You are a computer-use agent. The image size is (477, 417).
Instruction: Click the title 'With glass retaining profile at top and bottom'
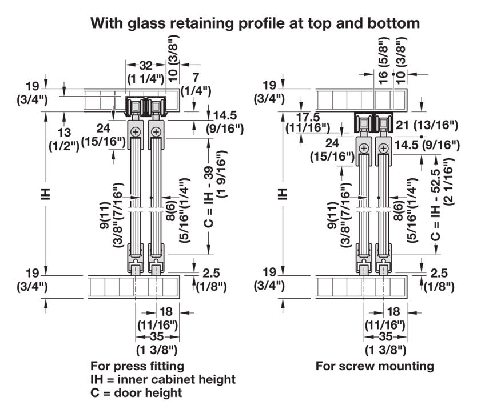pyautogui.click(x=255, y=23)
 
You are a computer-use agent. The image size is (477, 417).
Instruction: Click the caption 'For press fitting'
pyautogui.click(x=137, y=366)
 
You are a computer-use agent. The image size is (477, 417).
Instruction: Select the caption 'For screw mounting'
pyautogui.click(x=375, y=366)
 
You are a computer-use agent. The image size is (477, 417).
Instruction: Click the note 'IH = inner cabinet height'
pyautogui.click(x=163, y=379)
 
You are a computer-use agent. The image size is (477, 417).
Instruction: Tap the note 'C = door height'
pyautogui.click(x=136, y=393)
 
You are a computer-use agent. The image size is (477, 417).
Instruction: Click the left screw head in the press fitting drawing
pyautogui.click(x=135, y=132)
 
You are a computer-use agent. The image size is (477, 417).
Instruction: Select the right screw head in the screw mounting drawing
pyautogui.click(x=383, y=149)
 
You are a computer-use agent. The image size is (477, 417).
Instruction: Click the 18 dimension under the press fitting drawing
pyautogui.click(x=165, y=311)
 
